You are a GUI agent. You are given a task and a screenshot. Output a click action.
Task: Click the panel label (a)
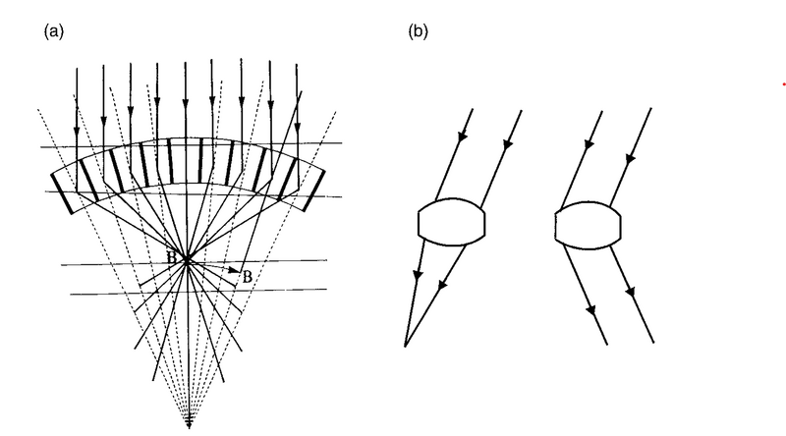click(54, 31)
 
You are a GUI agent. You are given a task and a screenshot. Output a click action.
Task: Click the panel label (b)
click(418, 31)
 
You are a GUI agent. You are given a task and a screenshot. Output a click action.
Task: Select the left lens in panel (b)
click(451, 222)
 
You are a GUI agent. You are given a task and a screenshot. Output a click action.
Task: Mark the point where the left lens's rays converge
click(405, 344)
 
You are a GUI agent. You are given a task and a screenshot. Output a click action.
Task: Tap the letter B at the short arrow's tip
click(248, 277)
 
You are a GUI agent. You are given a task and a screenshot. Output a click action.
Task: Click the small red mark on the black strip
click(783, 85)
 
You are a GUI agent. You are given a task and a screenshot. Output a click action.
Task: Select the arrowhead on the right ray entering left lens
click(508, 145)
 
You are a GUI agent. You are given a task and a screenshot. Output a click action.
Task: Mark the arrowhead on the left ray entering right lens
click(587, 145)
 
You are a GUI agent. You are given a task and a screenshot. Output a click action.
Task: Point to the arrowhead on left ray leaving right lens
click(591, 309)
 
